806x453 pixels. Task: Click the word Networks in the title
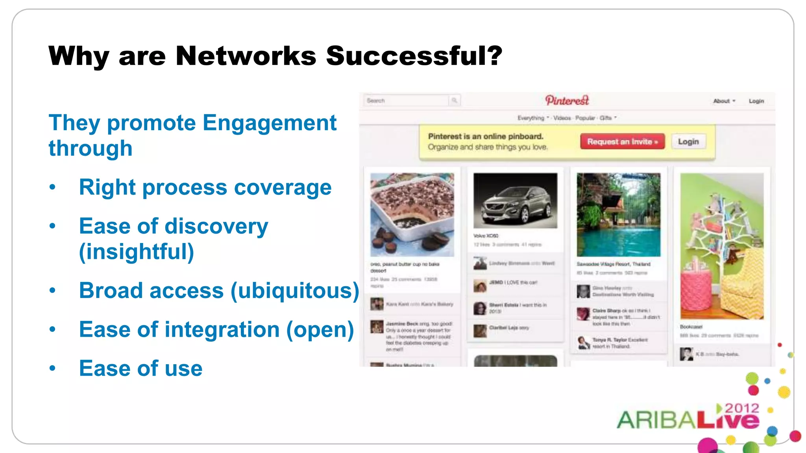pos(246,55)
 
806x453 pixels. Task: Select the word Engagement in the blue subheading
pos(270,123)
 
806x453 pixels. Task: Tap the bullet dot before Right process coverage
pos(53,187)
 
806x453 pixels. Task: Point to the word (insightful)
pos(137,252)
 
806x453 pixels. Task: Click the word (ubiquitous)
pos(295,291)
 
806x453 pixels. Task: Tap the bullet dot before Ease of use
pos(53,368)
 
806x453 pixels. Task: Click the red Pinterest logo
pos(567,101)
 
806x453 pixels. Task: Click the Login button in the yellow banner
pos(688,142)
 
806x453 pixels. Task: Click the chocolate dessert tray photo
pos(412,214)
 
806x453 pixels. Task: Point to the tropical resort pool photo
pos(618,214)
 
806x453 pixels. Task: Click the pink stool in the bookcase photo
pos(696,291)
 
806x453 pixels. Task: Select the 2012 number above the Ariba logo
pos(741,408)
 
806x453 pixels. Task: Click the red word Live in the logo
pos(728,421)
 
